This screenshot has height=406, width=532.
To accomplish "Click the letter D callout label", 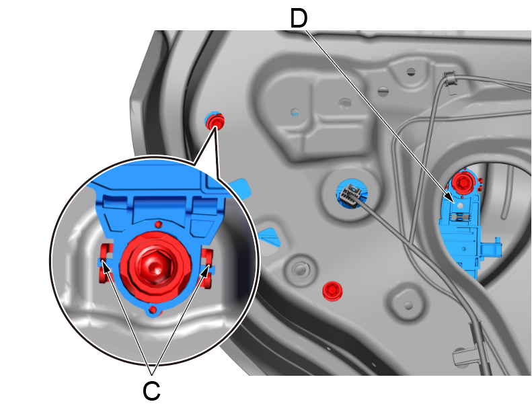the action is point(299,19).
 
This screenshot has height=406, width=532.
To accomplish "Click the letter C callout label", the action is point(151,391).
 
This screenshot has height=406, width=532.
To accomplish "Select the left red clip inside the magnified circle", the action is point(106,263).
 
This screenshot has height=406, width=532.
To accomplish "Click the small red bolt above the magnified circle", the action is point(215,122).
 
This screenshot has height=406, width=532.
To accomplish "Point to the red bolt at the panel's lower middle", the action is point(332,290).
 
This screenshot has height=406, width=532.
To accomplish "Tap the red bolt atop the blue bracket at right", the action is point(462,184).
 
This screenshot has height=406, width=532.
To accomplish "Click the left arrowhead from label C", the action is point(105,268).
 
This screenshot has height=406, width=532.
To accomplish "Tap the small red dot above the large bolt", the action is point(158,225).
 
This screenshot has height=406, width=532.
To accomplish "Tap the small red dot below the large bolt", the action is point(153,309).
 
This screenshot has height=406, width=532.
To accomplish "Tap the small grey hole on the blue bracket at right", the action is point(460,206).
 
